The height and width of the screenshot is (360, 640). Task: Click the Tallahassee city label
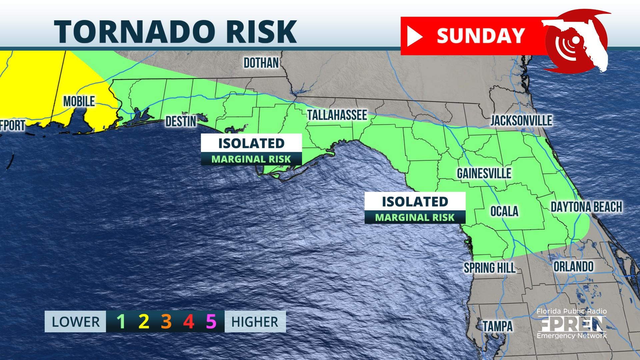337,115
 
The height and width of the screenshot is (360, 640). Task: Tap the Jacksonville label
521,121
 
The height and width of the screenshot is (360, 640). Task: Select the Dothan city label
261,63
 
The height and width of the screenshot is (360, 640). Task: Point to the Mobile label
79,101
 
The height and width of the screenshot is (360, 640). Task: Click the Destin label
181,122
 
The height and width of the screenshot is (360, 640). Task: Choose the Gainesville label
484,173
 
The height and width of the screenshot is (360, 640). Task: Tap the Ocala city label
504,211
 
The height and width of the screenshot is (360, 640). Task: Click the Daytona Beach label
586,207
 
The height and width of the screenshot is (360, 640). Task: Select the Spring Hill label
489,268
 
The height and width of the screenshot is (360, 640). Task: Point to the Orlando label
573,267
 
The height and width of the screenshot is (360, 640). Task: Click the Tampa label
498,326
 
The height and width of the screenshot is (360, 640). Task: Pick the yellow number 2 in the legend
144,322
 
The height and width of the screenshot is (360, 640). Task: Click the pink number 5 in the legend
211,322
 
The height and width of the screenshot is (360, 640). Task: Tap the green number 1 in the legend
121,322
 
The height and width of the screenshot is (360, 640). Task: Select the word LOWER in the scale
76,322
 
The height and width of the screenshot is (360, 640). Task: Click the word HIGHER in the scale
255,322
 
